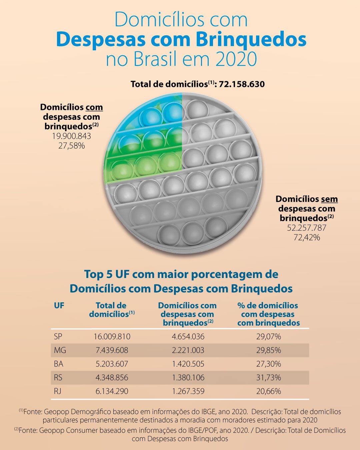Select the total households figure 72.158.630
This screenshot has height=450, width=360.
[242, 84]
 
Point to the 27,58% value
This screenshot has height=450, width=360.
[72, 146]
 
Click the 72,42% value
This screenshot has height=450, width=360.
[307, 237]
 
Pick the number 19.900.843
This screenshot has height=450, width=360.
[72, 136]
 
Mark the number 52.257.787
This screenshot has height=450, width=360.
[307, 228]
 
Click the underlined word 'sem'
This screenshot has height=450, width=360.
[329, 199]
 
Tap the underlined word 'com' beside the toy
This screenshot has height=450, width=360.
[94, 107]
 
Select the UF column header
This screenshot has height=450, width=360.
[59, 306]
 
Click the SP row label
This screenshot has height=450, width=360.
[58, 337]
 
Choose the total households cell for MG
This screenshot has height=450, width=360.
[112, 350]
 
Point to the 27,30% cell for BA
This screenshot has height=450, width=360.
[268, 364]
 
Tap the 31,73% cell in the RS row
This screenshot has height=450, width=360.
[268, 378]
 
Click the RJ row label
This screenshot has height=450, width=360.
[58, 391]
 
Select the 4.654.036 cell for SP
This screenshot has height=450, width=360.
[188, 337]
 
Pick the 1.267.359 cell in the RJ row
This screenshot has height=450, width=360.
[188, 391]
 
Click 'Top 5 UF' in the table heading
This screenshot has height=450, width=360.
[107, 274]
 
